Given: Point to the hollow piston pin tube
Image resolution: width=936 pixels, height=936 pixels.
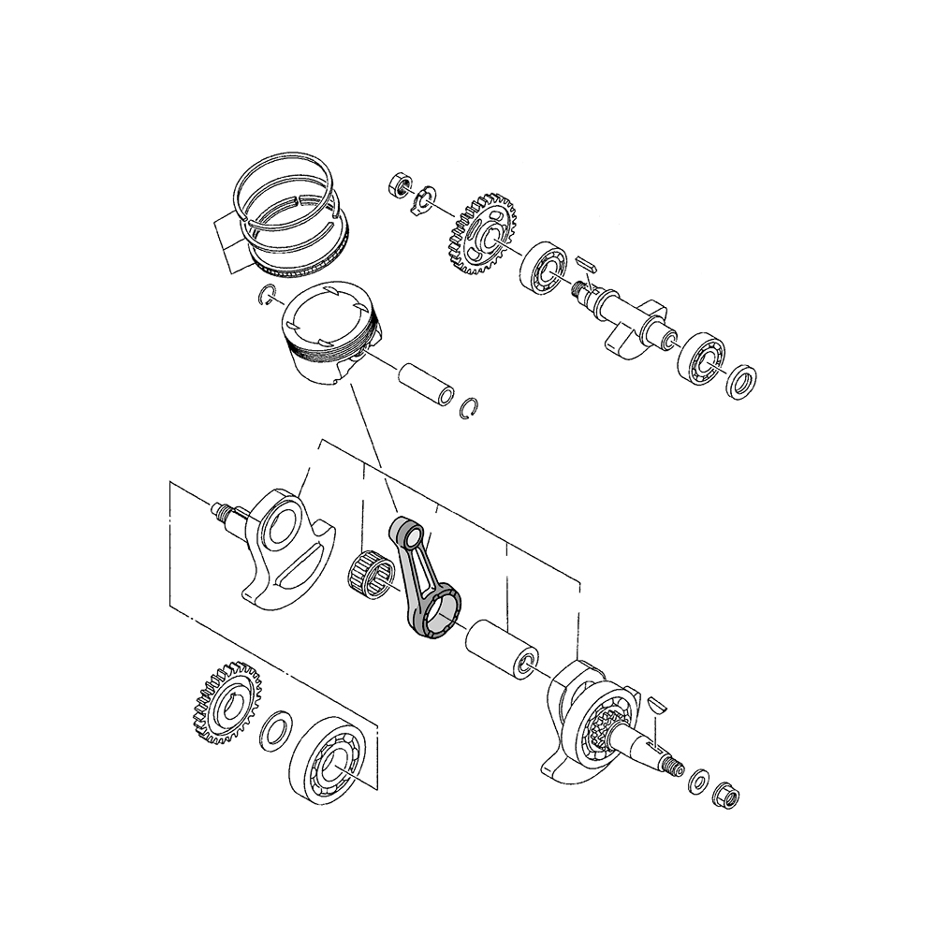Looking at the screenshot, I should tap(426, 382).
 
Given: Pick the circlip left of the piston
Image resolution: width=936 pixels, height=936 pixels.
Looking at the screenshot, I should tap(267, 296).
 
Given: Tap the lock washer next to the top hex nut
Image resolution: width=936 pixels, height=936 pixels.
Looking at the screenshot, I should tap(422, 198).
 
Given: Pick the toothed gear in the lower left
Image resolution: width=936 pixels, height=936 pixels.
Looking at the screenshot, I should tap(225, 702).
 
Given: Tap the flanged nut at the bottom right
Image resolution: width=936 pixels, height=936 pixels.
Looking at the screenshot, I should tap(726, 796).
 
